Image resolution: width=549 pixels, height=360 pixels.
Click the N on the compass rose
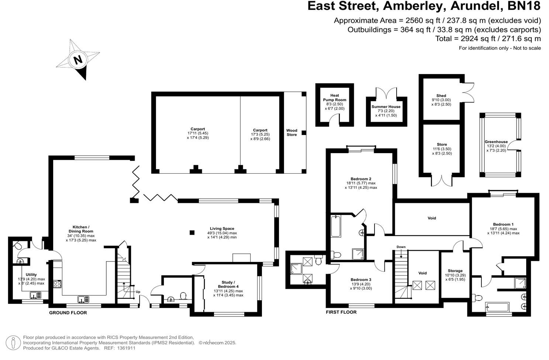(78, 60)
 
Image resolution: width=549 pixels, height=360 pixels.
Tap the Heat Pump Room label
(335, 98)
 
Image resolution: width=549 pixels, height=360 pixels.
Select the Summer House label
(386, 107)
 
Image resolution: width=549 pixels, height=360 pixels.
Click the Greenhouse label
(496, 142)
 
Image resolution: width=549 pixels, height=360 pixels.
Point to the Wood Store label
(291, 132)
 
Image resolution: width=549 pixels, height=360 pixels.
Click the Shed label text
(441, 96)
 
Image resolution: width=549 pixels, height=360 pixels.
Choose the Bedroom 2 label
(361, 179)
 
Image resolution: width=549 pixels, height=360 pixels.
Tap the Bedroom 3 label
(361, 280)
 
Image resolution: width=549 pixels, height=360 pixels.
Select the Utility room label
(31, 274)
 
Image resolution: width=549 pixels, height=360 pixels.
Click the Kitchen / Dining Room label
(80, 229)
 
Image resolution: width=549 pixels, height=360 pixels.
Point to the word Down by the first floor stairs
(401, 247)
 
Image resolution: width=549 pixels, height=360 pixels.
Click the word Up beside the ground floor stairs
(138, 292)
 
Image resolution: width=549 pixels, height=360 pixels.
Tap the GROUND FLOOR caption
(68, 313)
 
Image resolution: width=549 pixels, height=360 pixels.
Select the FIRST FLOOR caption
(341, 312)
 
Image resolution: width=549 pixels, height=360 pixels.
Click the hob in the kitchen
(58, 284)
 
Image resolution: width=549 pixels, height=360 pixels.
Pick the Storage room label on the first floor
(455, 271)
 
